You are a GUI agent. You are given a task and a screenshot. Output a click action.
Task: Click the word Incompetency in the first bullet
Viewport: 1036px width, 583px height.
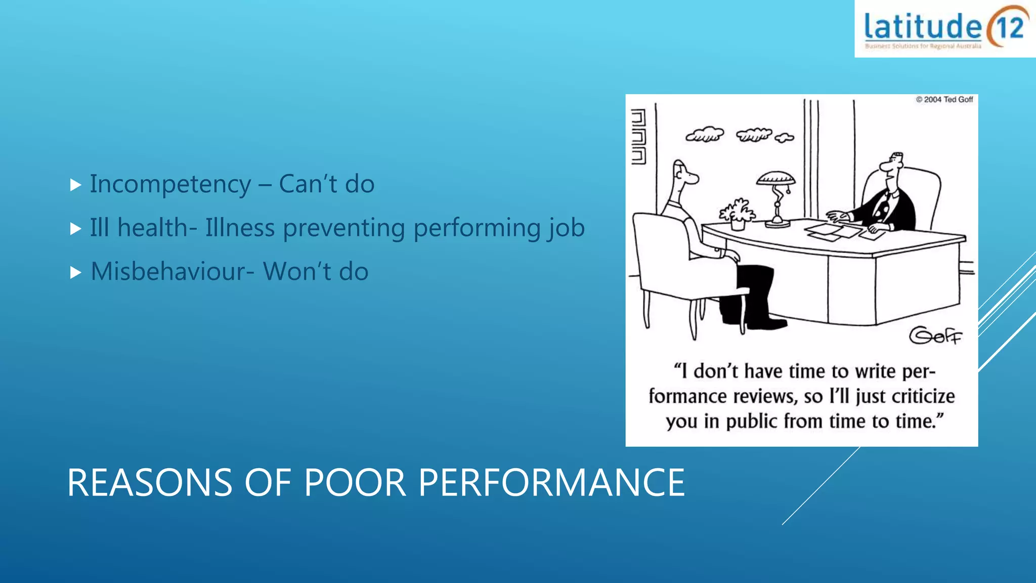pyautogui.click(x=170, y=184)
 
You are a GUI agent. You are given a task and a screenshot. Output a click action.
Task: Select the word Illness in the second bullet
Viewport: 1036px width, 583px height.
pyautogui.click(x=240, y=228)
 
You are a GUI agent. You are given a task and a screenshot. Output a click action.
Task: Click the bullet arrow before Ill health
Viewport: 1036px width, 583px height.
pyautogui.click(x=76, y=229)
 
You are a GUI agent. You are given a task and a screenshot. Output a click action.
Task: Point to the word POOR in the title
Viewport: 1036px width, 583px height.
pyautogui.click(x=355, y=483)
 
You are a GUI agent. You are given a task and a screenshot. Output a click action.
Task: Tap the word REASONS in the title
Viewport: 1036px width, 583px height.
pyautogui.click(x=150, y=483)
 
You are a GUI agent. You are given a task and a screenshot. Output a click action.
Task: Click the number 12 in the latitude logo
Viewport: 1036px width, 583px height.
pyautogui.click(x=1009, y=27)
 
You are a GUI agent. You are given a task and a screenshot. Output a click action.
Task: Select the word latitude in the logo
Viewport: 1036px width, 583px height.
pyautogui.click(x=922, y=27)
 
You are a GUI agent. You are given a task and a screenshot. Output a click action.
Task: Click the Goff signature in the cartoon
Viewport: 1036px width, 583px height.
pyautogui.click(x=935, y=336)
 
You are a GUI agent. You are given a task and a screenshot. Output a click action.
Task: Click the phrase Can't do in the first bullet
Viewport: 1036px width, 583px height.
pyautogui.click(x=326, y=184)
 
